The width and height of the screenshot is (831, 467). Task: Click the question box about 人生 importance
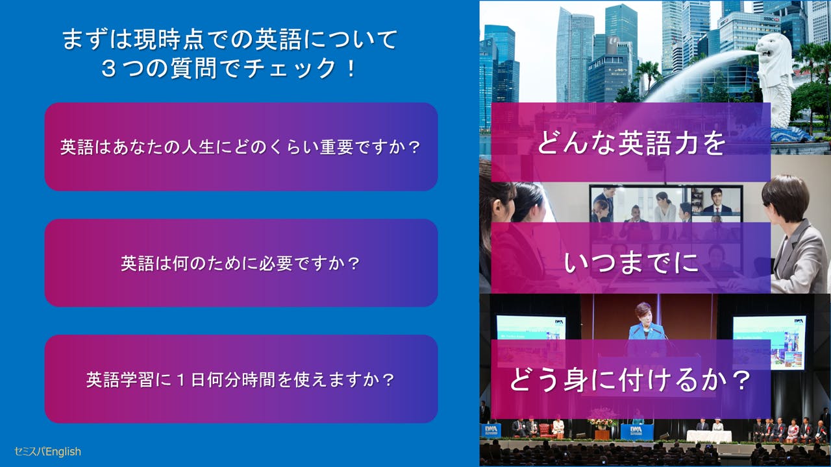[241, 147]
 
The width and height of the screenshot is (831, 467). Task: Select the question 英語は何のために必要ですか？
[241, 263]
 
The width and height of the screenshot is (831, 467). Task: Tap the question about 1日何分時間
[241, 379]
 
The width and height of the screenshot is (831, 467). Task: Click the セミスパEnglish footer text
[47, 451]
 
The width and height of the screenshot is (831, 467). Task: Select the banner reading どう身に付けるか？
[630, 379]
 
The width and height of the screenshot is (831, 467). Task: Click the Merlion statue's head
[777, 49]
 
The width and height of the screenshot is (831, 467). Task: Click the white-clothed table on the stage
[708, 437]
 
